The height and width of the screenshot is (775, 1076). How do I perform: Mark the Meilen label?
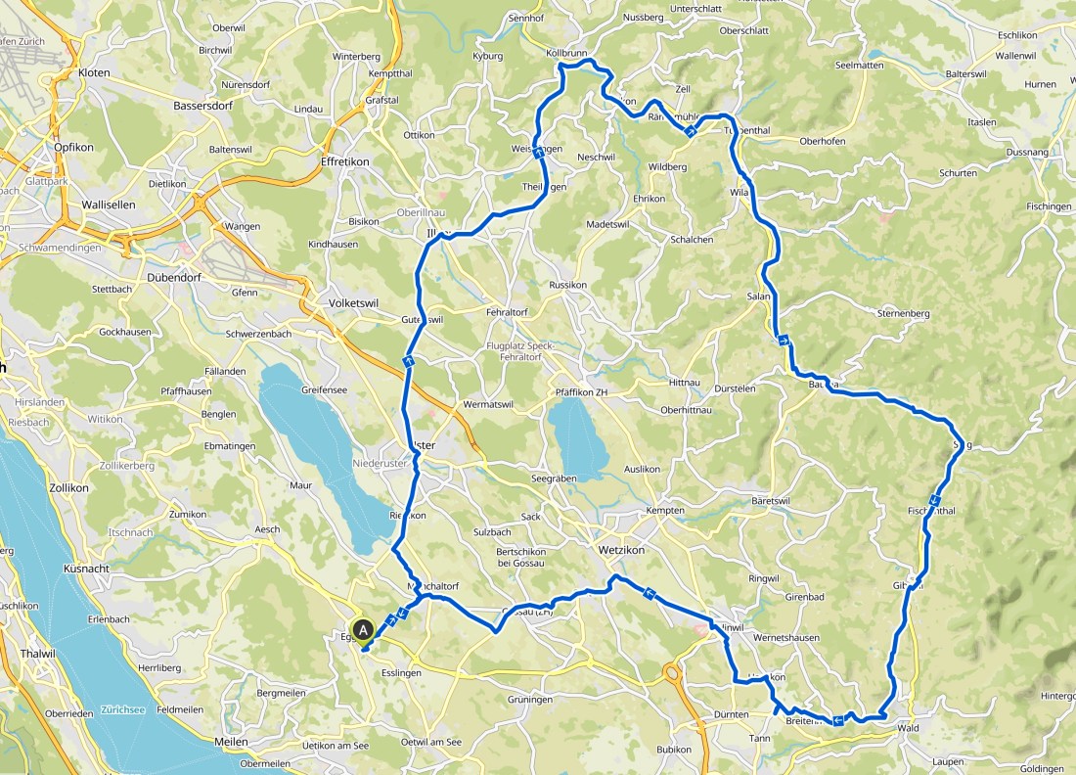[x=231, y=742]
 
